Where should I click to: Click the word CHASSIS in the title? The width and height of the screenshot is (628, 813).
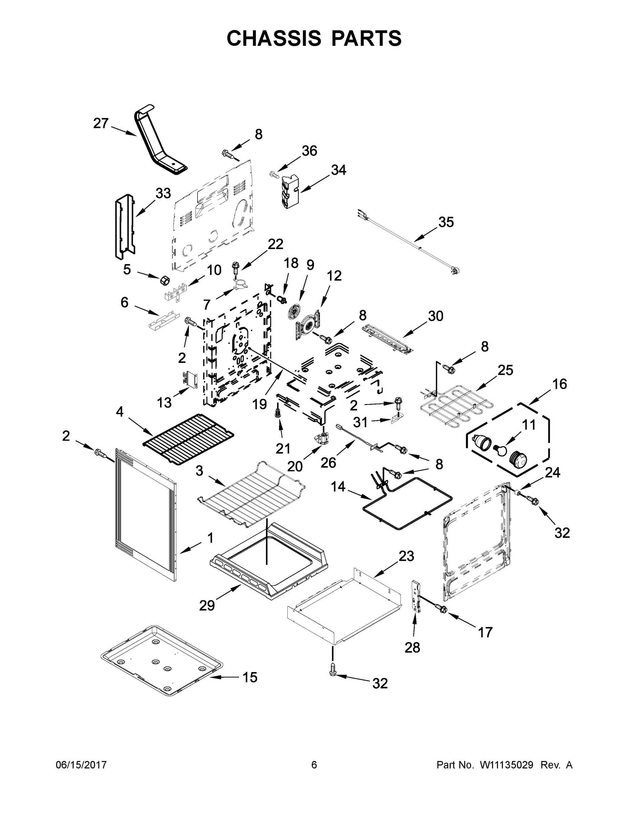pyautogui.click(x=274, y=38)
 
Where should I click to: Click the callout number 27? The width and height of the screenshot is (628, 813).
pyautogui.click(x=101, y=123)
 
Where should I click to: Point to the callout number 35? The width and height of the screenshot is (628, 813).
pyautogui.click(x=446, y=222)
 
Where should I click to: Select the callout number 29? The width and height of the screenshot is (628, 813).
pyautogui.click(x=207, y=606)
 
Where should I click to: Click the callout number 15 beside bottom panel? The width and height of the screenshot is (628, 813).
pyautogui.click(x=250, y=677)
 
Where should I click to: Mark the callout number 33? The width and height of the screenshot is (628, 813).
pyautogui.click(x=163, y=193)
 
